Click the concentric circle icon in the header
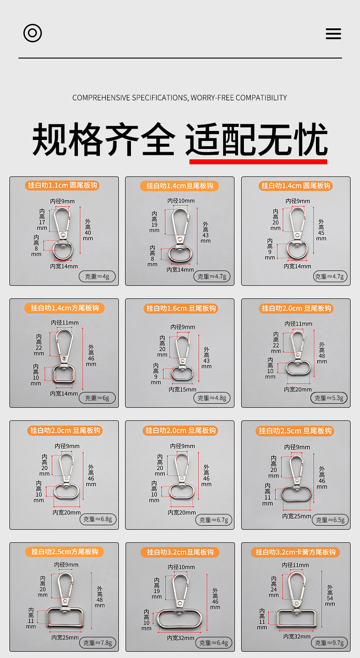point(32,33)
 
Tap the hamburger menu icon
point(333,34)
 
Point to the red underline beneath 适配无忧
point(258,162)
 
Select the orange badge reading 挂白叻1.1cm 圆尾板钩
point(62,185)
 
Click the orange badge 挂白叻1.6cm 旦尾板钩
point(181,308)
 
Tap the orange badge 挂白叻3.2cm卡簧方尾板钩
point(295,552)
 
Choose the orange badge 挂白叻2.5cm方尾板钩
point(65,551)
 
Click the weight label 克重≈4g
point(97,276)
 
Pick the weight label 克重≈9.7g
point(329,643)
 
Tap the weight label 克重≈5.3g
point(329,398)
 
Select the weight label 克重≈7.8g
point(98,643)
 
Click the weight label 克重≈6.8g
point(98,519)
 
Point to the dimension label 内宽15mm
point(182,389)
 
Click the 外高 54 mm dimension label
point(330,595)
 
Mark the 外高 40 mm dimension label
point(88,230)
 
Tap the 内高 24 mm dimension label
point(274,586)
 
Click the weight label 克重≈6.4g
point(214,643)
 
